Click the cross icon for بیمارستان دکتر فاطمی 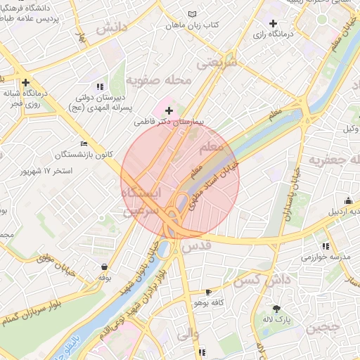tap(169, 110)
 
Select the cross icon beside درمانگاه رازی tap(273, 24)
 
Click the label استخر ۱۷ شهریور tap(48, 171)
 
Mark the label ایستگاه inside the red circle tap(141, 192)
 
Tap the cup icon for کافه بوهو tap(208, 292)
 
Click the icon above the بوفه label tap(105, 266)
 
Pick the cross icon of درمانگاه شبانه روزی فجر tap(25, 82)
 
